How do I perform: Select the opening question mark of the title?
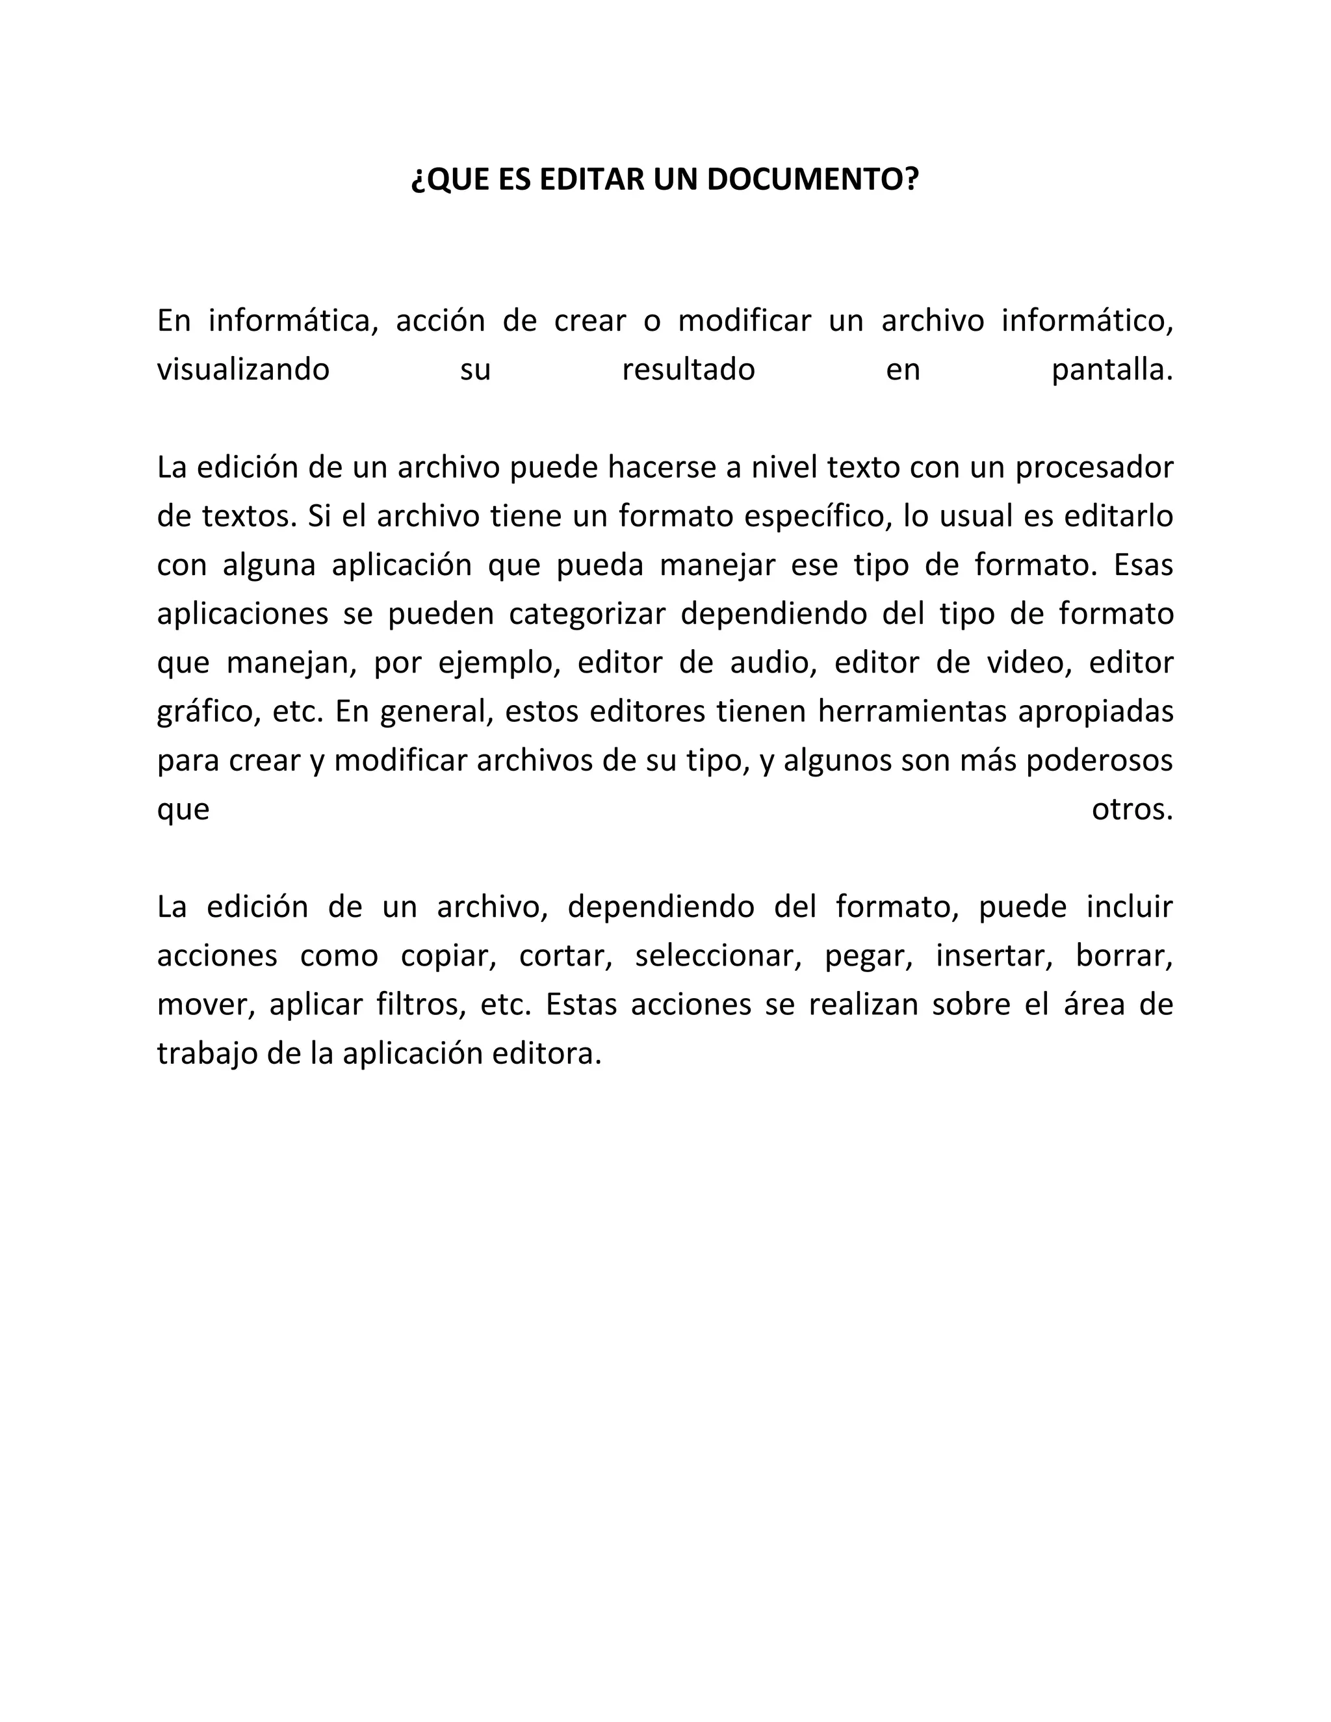tap(418, 181)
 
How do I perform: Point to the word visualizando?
tap(243, 370)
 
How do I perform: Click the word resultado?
tap(688, 370)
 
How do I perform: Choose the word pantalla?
tap(1112, 370)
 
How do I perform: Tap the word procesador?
tap(1094, 468)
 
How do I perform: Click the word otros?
tap(1131, 810)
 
